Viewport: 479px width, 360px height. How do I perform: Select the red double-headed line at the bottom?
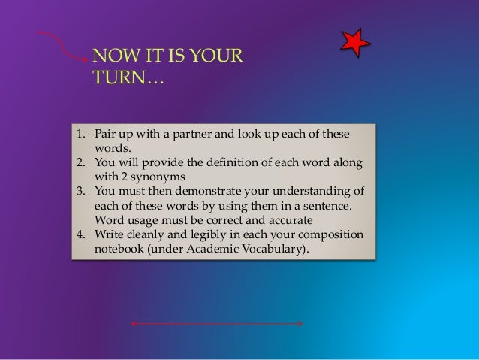(x=216, y=324)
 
